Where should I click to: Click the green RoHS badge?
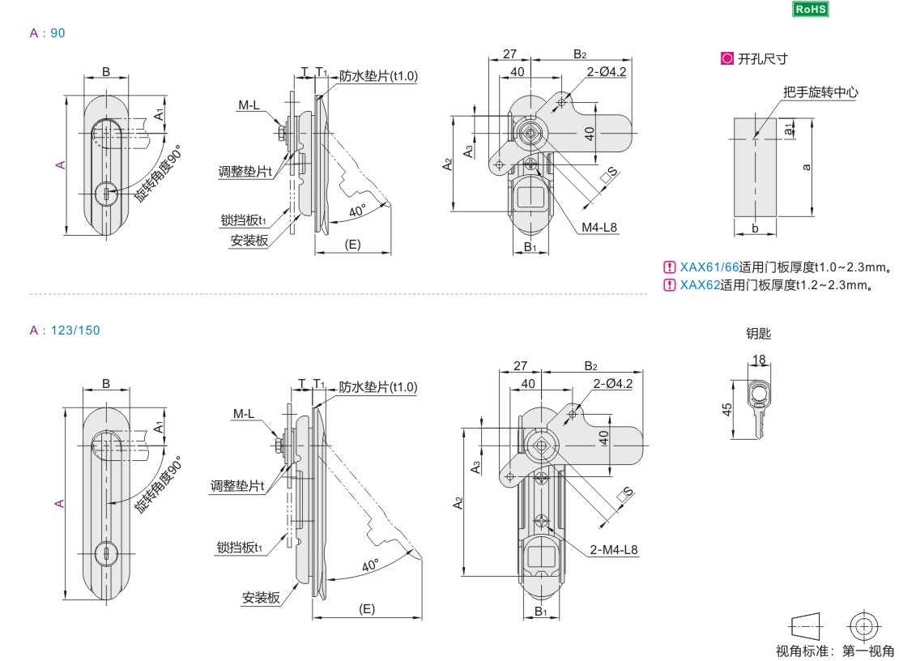811,9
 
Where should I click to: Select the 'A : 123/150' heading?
65,330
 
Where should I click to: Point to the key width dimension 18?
759,359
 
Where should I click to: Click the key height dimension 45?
727,409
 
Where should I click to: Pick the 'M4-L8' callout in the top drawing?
599,227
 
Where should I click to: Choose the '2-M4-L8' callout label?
614,549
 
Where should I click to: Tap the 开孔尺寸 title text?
761,59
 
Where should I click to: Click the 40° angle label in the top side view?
356,211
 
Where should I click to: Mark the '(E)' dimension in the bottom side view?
367,608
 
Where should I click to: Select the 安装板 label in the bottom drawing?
261,598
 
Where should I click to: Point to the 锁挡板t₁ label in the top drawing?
241,220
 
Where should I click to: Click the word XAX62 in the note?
700,284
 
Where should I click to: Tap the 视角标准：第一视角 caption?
835,650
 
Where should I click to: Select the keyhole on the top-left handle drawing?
105,194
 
